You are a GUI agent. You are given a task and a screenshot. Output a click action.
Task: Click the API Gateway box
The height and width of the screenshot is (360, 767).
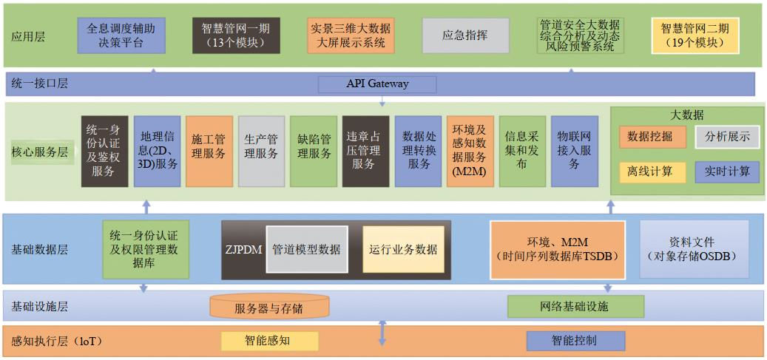click(377, 84)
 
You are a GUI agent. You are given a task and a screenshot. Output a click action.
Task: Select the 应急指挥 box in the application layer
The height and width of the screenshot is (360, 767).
click(465, 35)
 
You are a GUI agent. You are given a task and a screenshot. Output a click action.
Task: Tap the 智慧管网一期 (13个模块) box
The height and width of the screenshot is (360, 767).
click(236, 35)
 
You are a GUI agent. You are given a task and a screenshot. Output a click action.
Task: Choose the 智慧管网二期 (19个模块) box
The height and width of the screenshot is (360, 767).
click(695, 35)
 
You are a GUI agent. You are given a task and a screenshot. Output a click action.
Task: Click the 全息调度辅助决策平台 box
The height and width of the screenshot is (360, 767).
click(121, 35)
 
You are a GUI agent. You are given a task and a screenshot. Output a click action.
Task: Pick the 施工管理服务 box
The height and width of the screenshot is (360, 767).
click(209, 150)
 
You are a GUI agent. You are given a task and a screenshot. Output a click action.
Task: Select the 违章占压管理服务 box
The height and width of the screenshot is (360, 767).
click(365, 151)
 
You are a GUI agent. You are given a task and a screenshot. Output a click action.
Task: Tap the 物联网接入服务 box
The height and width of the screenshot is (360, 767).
click(574, 151)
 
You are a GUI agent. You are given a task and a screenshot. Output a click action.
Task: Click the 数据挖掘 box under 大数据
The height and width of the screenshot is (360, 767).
click(650, 137)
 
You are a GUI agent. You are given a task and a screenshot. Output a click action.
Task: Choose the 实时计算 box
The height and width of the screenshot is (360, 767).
click(727, 171)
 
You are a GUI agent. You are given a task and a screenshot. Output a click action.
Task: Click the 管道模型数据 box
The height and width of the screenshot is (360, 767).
click(306, 249)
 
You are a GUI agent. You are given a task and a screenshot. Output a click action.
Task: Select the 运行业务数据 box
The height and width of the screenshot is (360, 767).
click(403, 249)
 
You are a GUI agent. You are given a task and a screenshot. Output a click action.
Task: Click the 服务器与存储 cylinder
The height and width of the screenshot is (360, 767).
click(268, 306)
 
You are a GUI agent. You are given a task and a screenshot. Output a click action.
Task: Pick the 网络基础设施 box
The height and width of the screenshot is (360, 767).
click(575, 305)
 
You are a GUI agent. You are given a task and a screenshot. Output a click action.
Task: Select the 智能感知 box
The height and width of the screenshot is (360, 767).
click(269, 341)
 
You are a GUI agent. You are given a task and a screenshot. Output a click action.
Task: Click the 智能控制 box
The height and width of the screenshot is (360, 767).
click(575, 341)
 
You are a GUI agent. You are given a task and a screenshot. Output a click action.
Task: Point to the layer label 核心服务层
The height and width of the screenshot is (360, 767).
click(40, 152)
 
